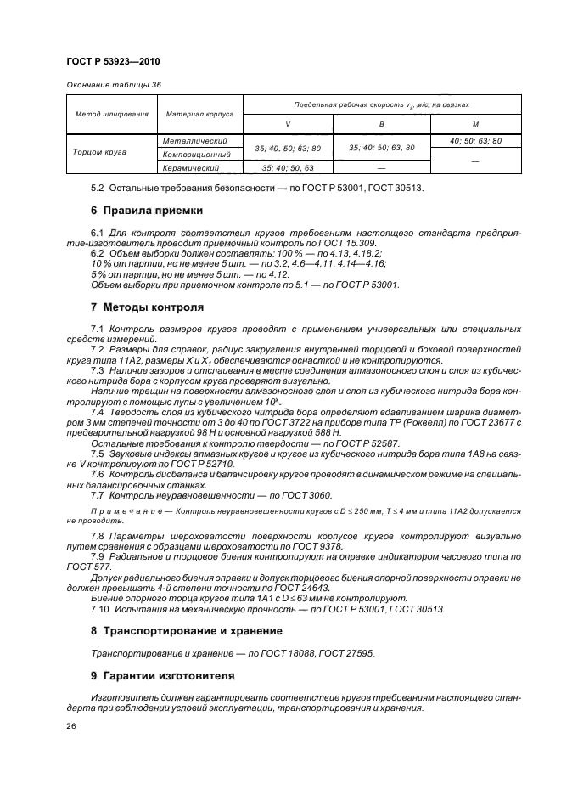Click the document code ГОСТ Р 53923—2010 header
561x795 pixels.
113,62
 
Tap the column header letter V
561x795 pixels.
288,124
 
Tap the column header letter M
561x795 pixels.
475,124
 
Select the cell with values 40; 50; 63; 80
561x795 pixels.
475,141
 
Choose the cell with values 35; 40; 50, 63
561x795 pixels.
288,168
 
